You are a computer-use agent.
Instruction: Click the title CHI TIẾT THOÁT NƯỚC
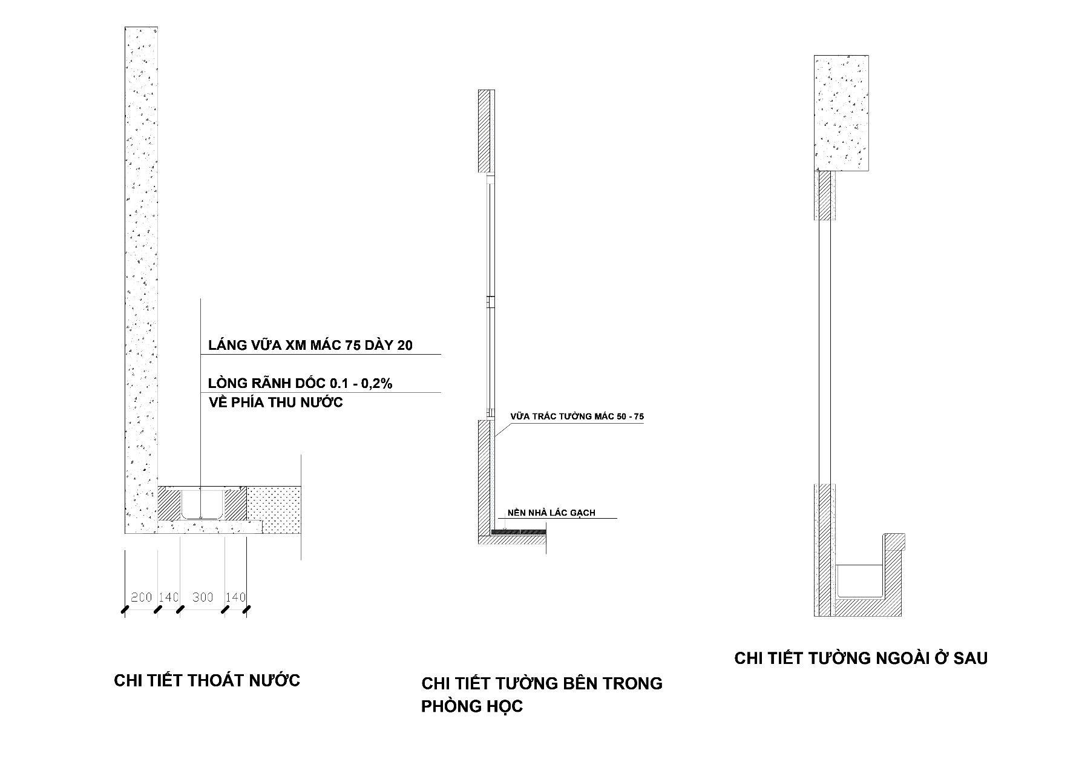[207, 680]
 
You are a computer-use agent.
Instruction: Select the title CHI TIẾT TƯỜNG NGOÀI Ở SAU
[861, 658]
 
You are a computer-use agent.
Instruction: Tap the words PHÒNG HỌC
[472, 706]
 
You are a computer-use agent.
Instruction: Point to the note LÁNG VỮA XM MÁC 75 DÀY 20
[310, 346]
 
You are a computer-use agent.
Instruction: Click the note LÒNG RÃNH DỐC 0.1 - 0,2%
[300, 383]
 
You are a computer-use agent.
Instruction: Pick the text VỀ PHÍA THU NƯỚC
[275, 402]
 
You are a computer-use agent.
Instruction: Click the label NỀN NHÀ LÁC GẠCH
[551, 513]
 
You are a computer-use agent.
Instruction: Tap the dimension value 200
[141, 597]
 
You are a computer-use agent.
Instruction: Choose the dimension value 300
[203, 597]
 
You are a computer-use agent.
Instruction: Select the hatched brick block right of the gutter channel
[236, 504]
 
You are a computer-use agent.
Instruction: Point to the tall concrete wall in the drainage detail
[141, 272]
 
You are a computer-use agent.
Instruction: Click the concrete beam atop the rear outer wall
[842, 113]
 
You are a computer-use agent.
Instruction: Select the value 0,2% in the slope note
[375, 383]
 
